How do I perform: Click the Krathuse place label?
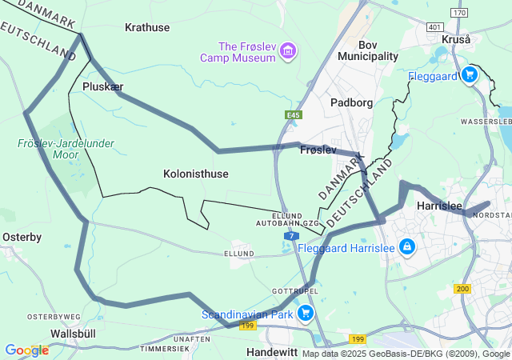pyautogui.click(x=147, y=27)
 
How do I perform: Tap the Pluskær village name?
pyautogui.click(x=103, y=86)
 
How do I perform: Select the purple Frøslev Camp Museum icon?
pyautogui.click(x=288, y=53)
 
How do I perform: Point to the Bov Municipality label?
pyautogui.click(x=368, y=50)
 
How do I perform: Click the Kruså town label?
pyautogui.click(x=457, y=39)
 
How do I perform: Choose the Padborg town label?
pyautogui.click(x=352, y=102)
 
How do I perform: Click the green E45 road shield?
pyautogui.click(x=294, y=116)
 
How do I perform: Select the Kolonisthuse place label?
pyautogui.click(x=196, y=174)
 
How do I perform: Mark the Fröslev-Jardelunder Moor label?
pyautogui.click(x=66, y=149)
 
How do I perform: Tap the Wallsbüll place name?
pyautogui.click(x=73, y=333)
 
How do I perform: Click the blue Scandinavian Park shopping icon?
pyautogui.click(x=305, y=313)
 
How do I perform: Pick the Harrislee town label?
pyautogui.click(x=440, y=206)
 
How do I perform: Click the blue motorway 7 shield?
pyautogui.click(x=293, y=237)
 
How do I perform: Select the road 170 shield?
pyautogui.click(x=458, y=13)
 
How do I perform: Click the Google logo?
pyautogui.click(x=26, y=350)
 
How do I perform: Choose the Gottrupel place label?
pyautogui.click(x=295, y=290)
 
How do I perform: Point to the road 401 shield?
pyautogui.click(x=434, y=27)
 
